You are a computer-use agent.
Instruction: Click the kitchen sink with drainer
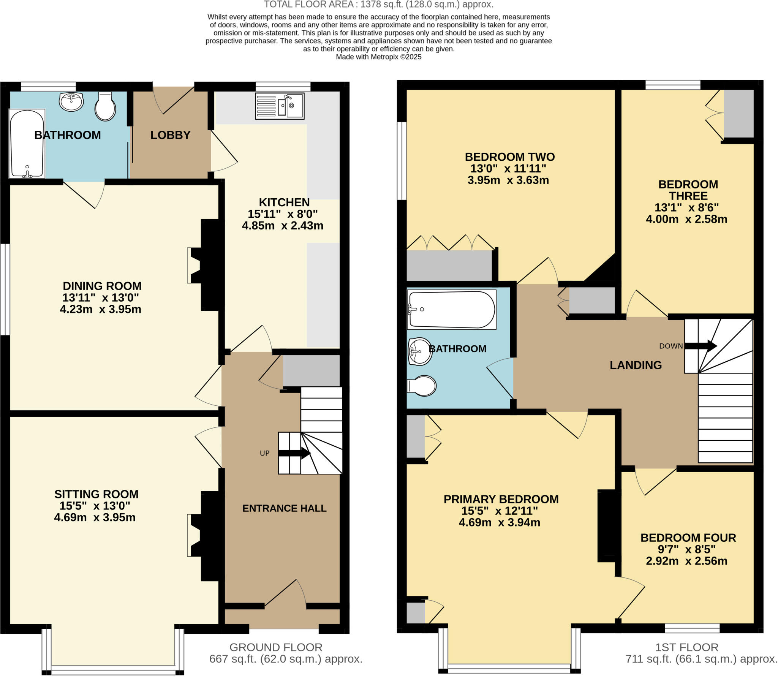pyautogui.click(x=280, y=106)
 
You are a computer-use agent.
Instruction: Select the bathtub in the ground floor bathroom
pyautogui.click(x=27, y=144)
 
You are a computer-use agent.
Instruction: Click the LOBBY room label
pyautogui.click(x=170, y=135)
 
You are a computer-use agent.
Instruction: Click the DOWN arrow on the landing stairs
pyautogui.click(x=701, y=346)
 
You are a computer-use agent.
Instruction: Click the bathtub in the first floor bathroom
pyautogui.click(x=451, y=309)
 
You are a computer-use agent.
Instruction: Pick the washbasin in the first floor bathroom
pyautogui.click(x=420, y=351)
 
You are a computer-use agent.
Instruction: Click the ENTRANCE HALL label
pyautogui.click(x=284, y=508)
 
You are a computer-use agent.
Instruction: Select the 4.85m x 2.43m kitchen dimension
pyautogui.click(x=283, y=226)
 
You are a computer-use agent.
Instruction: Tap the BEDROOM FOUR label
pyautogui.click(x=688, y=538)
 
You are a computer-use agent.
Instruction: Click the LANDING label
pyautogui.click(x=636, y=365)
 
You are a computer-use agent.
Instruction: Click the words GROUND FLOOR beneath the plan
pyautogui.click(x=276, y=647)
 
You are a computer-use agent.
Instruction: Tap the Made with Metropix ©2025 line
pyautogui.click(x=378, y=57)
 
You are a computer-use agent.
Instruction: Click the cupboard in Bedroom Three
pyautogui.click(x=738, y=114)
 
